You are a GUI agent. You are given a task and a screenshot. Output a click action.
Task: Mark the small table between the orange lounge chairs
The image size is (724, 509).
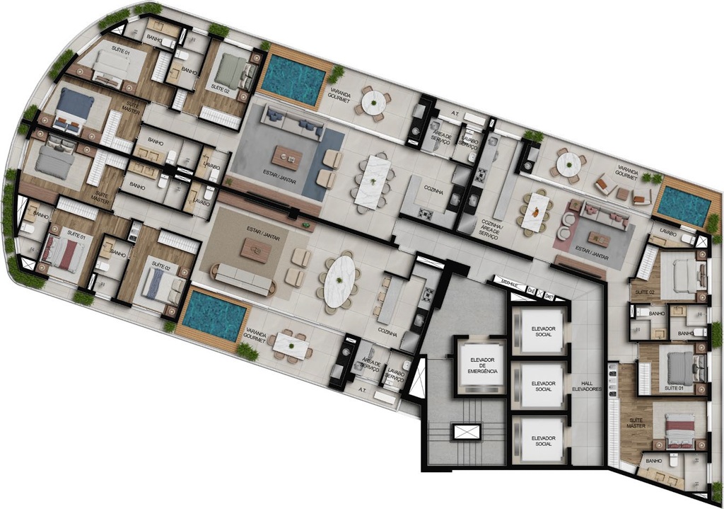pyautogui.click(x=622, y=193)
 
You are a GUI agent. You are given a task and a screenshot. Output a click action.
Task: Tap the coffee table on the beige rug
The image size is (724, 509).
pyautogui.click(x=255, y=250)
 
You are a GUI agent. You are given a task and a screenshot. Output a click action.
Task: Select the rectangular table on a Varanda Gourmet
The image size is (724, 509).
pyautogui.click(x=291, y=345)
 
